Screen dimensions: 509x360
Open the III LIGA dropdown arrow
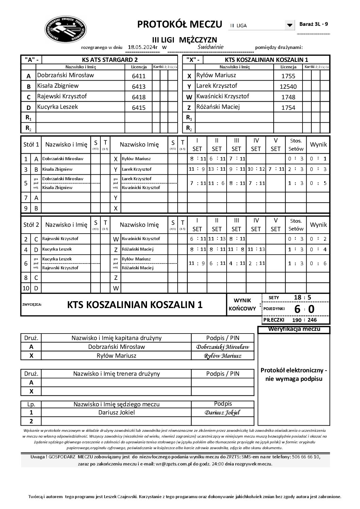(x=290, y=25)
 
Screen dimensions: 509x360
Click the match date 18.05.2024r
(x=143, y=47)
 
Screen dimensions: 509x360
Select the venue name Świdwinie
(x=210, y=47)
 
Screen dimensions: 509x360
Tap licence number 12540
(x=288, y=86)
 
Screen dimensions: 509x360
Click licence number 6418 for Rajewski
(x=138, y=97)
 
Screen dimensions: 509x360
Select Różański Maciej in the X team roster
(x=218, y=107)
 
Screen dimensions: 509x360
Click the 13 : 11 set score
(x=216, y=169)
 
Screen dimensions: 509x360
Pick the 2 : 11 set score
(x=256, y=263)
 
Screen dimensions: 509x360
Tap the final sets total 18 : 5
(x=302, y=298)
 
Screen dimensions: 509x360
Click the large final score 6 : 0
(x=304, y=309)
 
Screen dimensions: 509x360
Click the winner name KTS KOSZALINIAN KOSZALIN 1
(x=135, y=305)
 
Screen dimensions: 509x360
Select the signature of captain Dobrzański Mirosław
(x=223, y=347)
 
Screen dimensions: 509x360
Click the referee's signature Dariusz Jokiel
(x=223, y=413)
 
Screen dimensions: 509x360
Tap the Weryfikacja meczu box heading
(x=294, y=329)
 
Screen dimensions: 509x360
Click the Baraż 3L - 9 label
(x=313, y=24)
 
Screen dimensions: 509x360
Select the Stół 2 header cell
(x=31, y=225)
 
